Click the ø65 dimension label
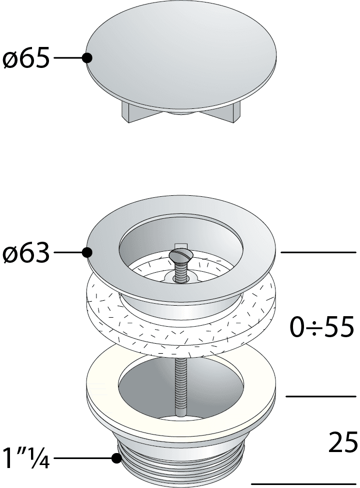click(x=26, y=58)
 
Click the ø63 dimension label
click(x=26, y=253)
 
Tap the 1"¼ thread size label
click(x=25, y=458)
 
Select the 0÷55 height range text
click(x=322, y=327)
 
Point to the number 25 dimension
click(x=343, y=442)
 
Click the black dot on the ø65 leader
click(x=87, y=58)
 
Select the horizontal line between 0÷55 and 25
click(x=320, y=397)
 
